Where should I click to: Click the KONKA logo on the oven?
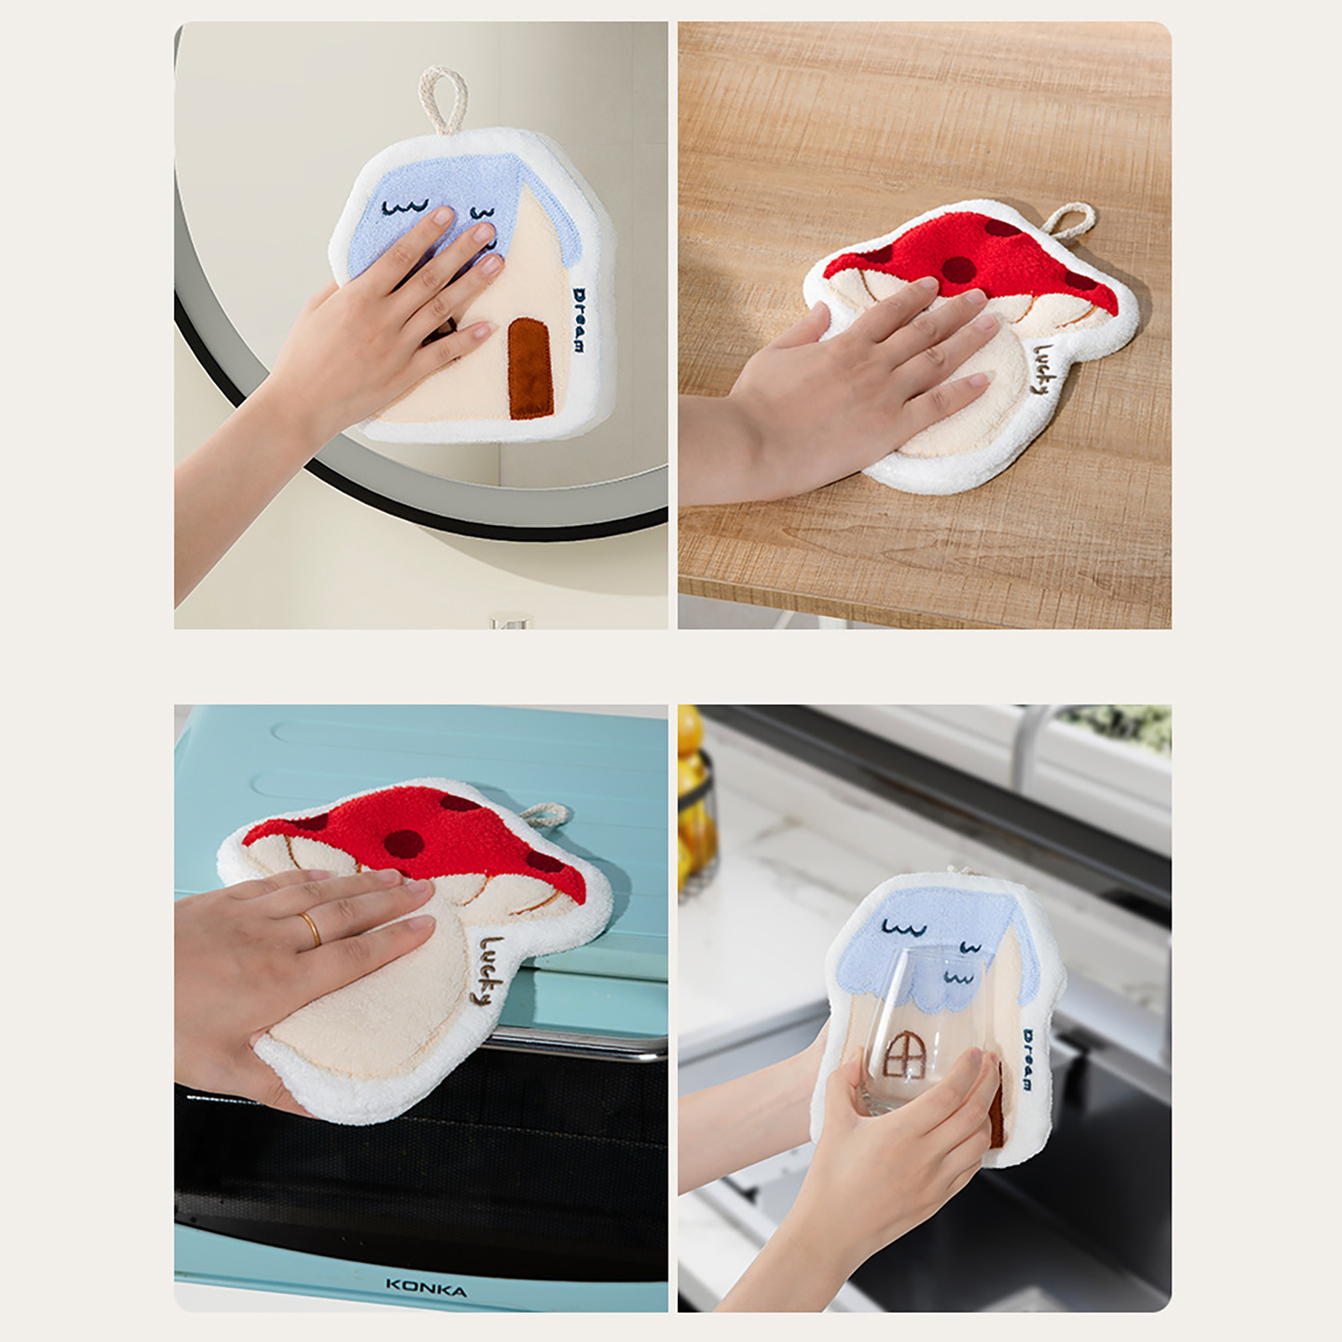426,1287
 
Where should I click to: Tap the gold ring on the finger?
310,928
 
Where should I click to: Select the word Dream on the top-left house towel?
580,320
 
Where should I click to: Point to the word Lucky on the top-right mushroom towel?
1043,368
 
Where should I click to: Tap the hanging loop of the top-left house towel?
437,100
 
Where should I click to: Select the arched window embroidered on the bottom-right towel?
902,1055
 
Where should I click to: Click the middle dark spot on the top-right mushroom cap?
959,269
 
